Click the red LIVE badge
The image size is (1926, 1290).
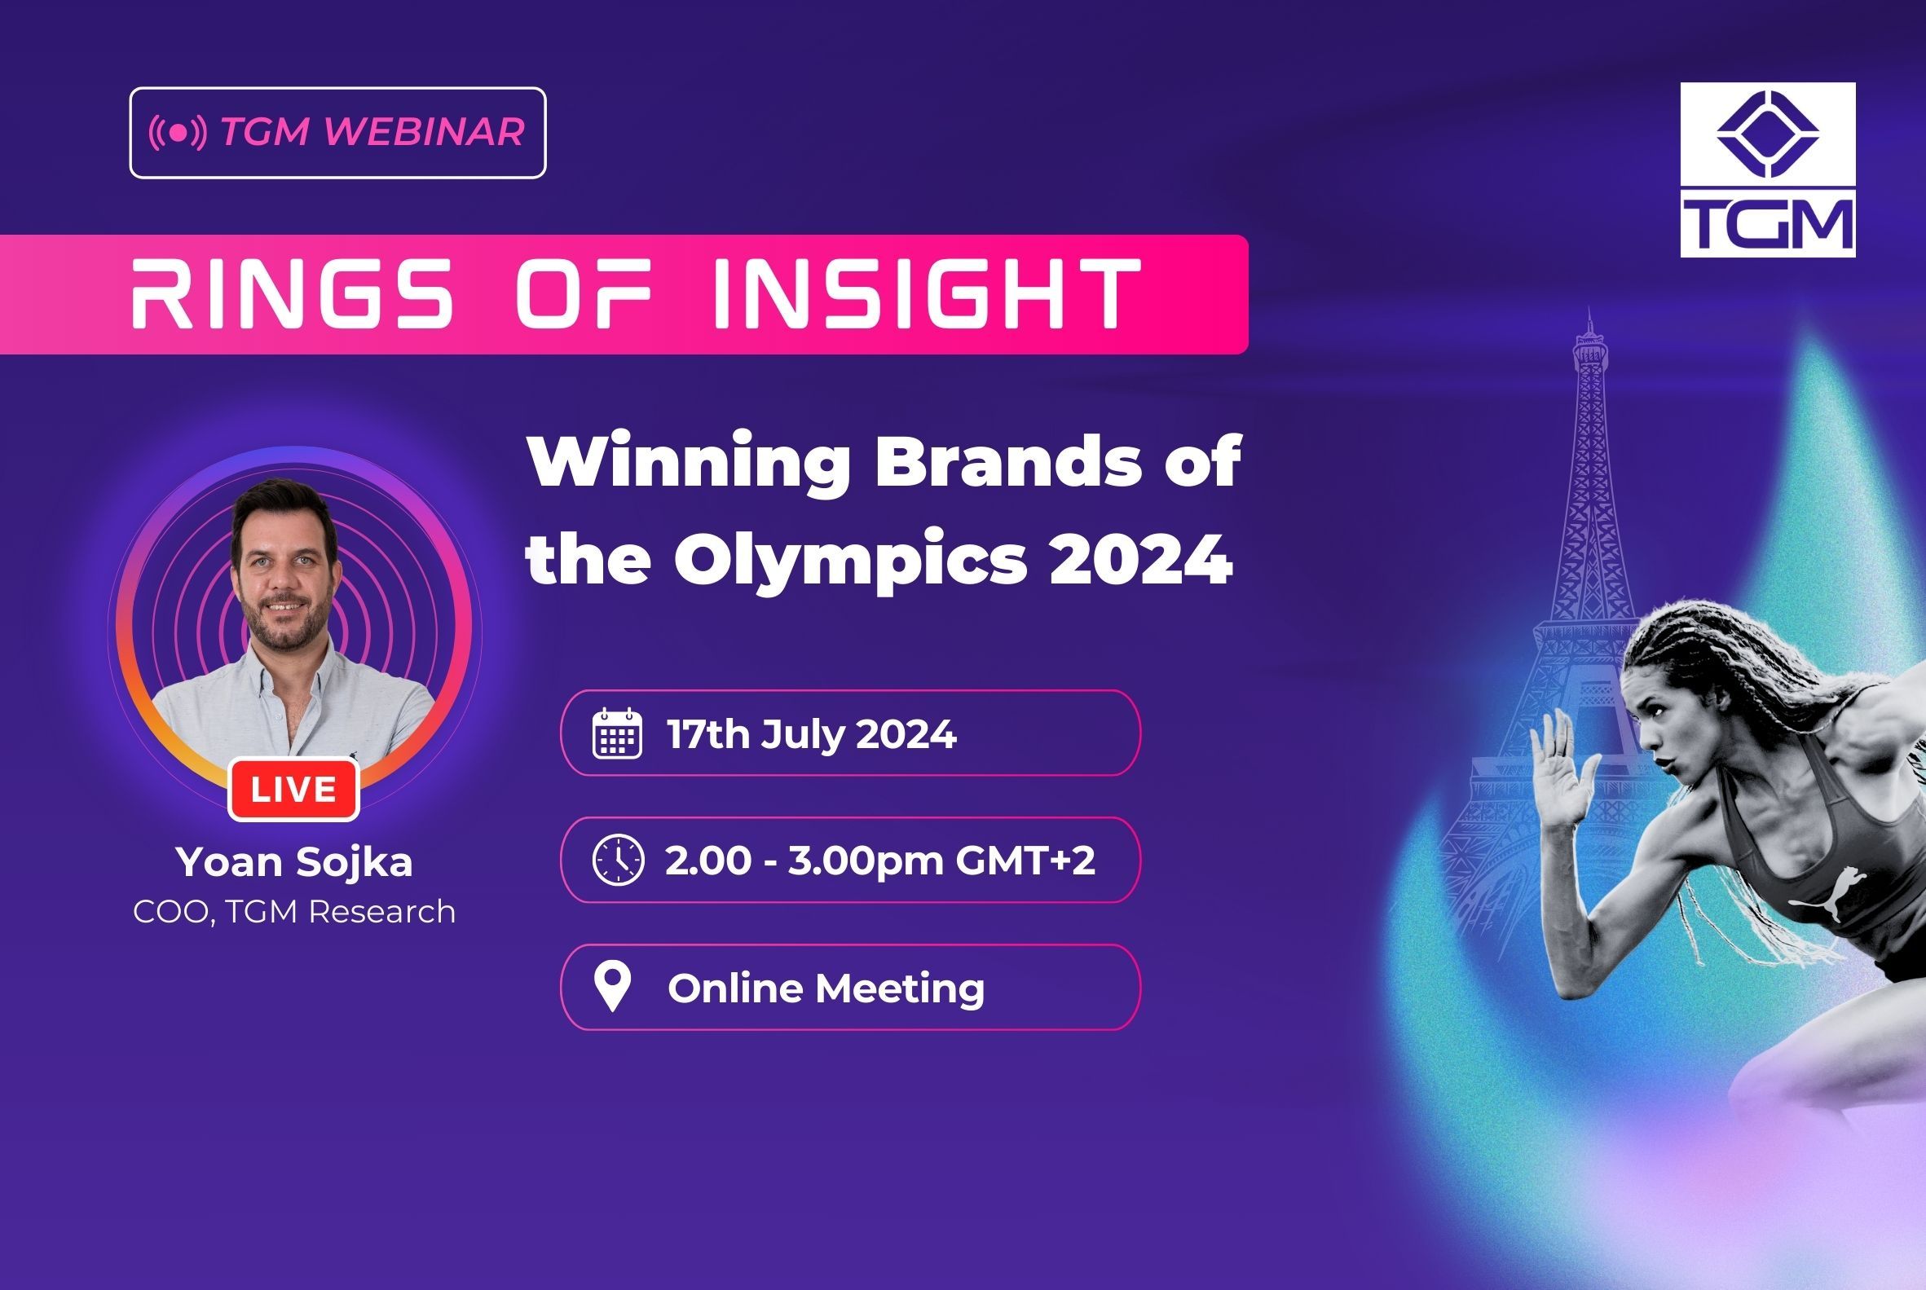coord(293,790)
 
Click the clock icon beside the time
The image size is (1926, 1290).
coord(618,860)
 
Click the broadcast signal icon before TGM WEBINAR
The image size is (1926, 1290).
coord(178,133)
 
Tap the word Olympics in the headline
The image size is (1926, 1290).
coord(850,560)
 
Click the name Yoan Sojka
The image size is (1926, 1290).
coord(293,862)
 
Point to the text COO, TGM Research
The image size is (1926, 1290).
coord(293,912)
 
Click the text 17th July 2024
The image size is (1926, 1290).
coord(811,734)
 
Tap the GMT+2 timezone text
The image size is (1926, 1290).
coord(1025,861)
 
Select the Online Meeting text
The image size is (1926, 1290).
coord(826,987)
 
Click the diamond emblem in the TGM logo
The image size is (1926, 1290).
coord(1767,134)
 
